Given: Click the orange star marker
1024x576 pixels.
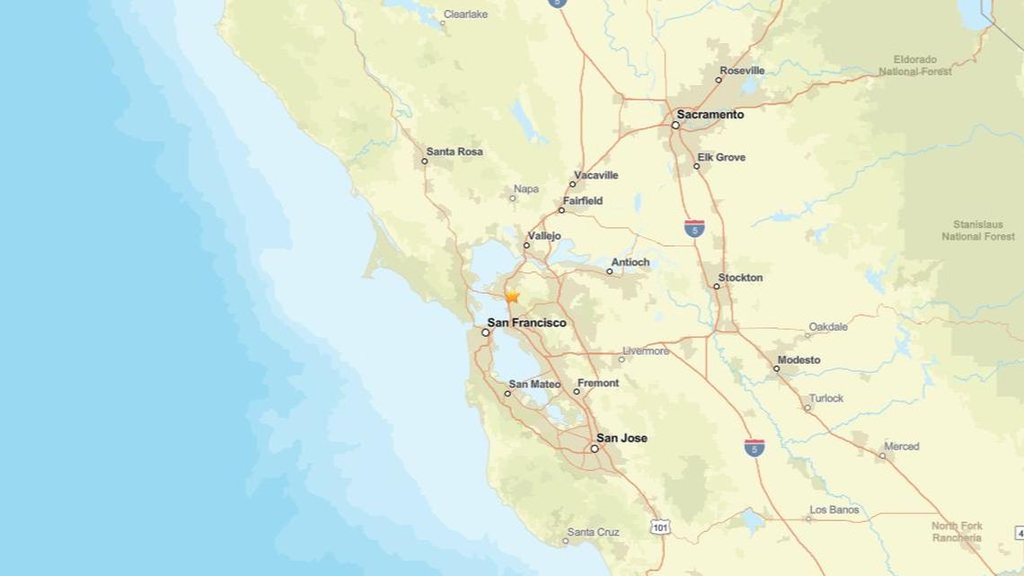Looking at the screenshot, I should (x=512, y=296).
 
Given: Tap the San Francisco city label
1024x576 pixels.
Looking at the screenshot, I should (x=526, y=322).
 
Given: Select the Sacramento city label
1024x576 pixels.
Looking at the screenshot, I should (x=711, y=115).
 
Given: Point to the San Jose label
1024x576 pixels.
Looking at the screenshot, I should (x=622, y=439).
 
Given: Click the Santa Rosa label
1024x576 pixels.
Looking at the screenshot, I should (x=455, y=152).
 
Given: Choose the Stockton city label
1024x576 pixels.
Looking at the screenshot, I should (x=740, y=278).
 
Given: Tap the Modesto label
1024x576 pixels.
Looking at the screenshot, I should (x=799, y=359).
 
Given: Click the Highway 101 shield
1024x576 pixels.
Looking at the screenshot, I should (x=660, y=527).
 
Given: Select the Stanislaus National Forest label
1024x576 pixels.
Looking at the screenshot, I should (x=977, y=230).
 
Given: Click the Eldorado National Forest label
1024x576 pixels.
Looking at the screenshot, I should (x=914, y=65).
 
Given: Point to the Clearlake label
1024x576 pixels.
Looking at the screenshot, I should (x=464, y=14).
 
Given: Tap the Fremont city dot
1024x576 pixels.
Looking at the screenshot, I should (x=577, y=392).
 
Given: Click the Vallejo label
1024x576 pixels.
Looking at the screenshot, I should (x=544, y=235).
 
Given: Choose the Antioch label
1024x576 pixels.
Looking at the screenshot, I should (x=630, y=262).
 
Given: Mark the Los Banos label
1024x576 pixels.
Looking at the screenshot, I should (x=834, y=510).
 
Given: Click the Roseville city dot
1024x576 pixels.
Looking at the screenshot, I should (x=719, y=80).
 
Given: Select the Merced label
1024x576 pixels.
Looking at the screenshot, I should (x=901, y=447).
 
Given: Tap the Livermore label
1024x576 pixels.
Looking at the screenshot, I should (x=646, y=350).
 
